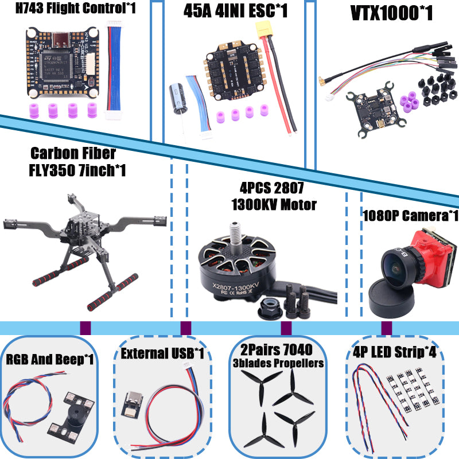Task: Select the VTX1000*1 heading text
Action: [391, 13]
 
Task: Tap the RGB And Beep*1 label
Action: [50, 360]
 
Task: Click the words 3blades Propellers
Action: [286, 363]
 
